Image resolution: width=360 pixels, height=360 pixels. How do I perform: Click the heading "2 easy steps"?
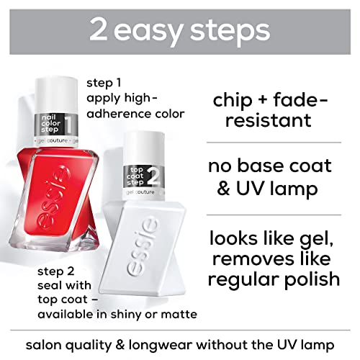point(180,30)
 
